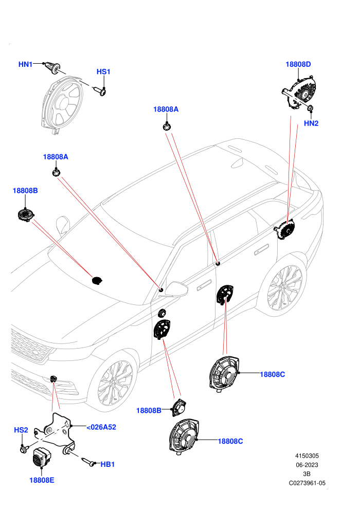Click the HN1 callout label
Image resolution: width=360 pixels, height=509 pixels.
pos(25,64)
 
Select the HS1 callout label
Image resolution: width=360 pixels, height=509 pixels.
pos(103,72)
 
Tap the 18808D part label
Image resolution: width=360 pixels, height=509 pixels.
pos(298,64)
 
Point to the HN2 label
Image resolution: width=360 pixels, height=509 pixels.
pos(311,123)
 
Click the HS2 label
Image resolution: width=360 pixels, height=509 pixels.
pos(21,430)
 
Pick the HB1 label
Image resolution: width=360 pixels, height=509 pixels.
pos(107,465)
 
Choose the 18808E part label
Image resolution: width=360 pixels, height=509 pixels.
pos(42,480)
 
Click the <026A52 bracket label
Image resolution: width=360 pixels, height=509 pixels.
pos(101,427)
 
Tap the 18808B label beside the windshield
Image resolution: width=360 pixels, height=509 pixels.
pos(25,191)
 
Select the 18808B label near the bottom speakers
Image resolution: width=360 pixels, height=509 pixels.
pos(149,411)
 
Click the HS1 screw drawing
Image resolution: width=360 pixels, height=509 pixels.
pos(100,91)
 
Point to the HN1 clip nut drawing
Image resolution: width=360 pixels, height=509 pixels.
pos(52,67)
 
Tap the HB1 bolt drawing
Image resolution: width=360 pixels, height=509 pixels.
pos(89,462)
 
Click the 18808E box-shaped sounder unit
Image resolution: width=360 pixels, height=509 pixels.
pos(41,457)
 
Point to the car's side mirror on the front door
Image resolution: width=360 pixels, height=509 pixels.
pos(176,289)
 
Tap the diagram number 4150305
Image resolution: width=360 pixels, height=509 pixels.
pos(307,456)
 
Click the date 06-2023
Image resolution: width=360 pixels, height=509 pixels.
pos(307,465)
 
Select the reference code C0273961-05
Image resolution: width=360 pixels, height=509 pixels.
pos(307,483)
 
